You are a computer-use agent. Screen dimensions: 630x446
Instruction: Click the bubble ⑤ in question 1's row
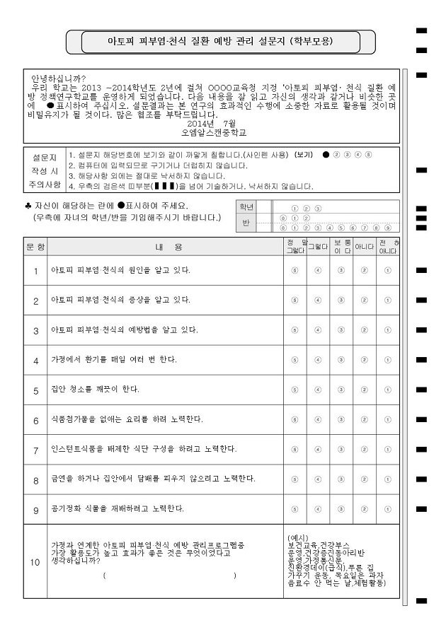(295, 270)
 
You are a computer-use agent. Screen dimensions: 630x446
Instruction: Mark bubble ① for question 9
(387, 508)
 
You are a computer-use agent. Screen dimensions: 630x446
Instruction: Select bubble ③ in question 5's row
(341, 390)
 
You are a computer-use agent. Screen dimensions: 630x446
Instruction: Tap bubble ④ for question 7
(318, 449)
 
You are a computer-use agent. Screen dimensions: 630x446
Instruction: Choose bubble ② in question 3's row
(365, 329)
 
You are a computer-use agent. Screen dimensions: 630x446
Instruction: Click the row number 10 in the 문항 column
(35, 563)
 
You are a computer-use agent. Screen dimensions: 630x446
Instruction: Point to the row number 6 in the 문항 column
(35, 419)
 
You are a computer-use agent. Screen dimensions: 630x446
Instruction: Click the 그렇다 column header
(318, 247)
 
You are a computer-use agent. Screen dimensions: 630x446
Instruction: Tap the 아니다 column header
(365, 247)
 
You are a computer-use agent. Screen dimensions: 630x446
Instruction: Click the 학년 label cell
(246, 207)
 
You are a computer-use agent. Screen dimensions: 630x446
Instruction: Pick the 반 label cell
(246, 223)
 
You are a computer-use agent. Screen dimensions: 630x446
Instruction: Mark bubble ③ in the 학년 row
(318, 208)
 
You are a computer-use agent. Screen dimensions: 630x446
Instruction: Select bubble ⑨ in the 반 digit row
(387, 228)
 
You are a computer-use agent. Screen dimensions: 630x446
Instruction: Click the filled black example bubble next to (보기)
(325, 154)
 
